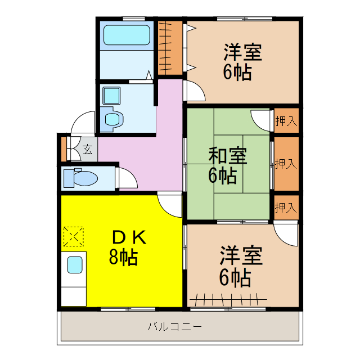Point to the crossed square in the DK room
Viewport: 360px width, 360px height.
pyautogui.click(x=73, y=236)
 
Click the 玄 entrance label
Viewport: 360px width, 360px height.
pyautogui.click(x=88, y=149)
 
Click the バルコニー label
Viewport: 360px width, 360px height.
pyautogui.click(x=175, y=326)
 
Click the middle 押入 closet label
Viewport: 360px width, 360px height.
pyautogui.click(x=286, y=164)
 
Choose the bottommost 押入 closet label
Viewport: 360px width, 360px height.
pyautogui.click(x=286, y=207)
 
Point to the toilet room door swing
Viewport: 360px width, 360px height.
pyautogui.click(x=127, y=177)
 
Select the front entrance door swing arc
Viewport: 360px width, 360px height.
pyautogui.click(x=83, y=122)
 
